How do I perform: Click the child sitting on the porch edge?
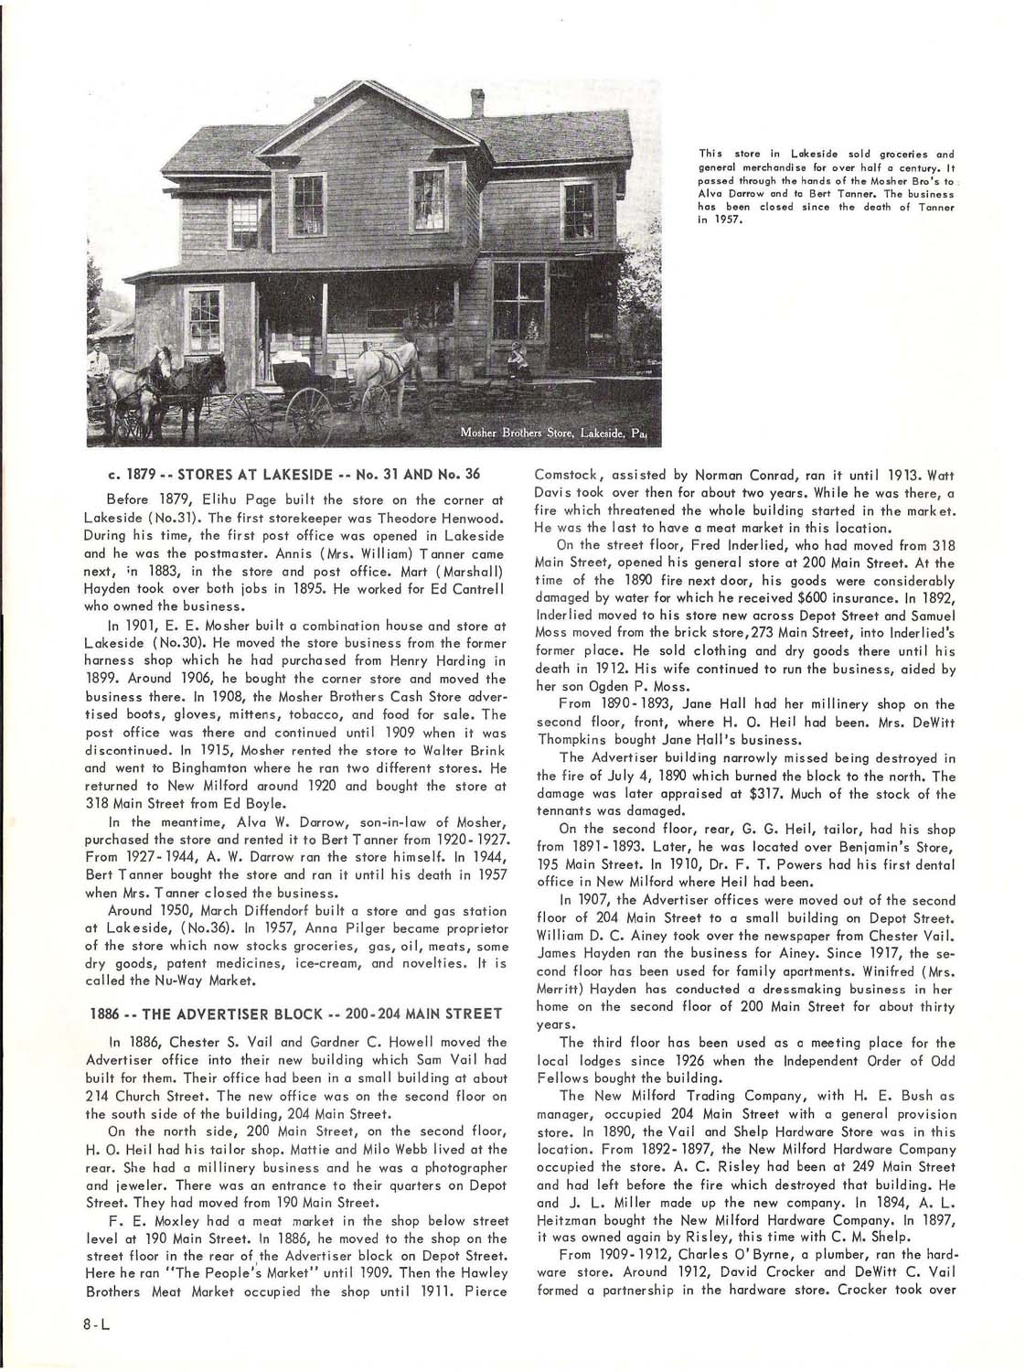(x=518, y=359)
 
